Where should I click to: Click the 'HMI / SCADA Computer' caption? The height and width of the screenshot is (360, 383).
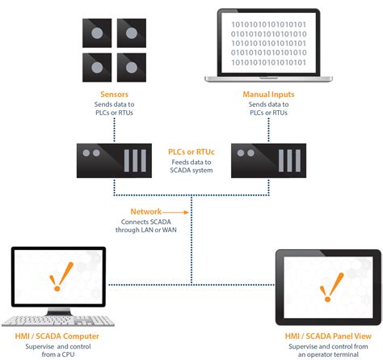coord(57,334)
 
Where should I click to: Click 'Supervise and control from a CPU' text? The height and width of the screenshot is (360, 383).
coord(57,349)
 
